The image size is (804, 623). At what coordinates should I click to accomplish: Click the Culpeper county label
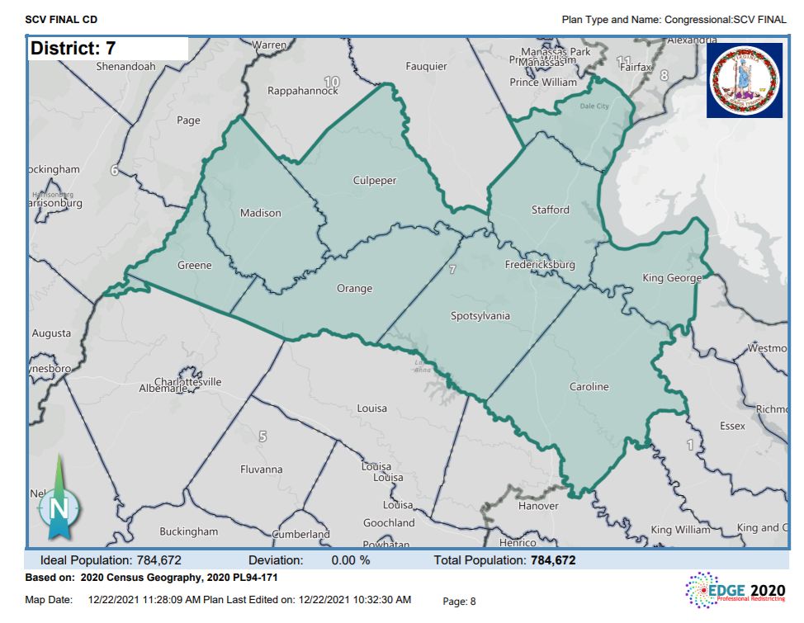375,181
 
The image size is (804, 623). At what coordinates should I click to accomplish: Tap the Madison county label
260,213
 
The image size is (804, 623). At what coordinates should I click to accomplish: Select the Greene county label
195,266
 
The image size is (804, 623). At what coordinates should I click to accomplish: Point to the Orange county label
354,289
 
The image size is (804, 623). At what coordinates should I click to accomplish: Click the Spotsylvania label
480,316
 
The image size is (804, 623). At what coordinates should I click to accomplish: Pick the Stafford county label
550,210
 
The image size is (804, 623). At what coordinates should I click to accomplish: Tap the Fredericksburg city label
540,265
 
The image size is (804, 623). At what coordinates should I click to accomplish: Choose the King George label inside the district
672,278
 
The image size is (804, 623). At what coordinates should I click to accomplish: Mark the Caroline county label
589,386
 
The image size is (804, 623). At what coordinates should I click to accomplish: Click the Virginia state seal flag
744,80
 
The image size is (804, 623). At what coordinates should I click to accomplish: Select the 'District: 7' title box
107,49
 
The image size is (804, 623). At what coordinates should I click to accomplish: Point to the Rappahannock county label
303,91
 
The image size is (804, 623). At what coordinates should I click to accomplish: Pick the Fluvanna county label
261,470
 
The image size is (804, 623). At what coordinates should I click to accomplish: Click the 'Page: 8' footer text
460,602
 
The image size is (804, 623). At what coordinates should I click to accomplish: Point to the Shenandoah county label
126,66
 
